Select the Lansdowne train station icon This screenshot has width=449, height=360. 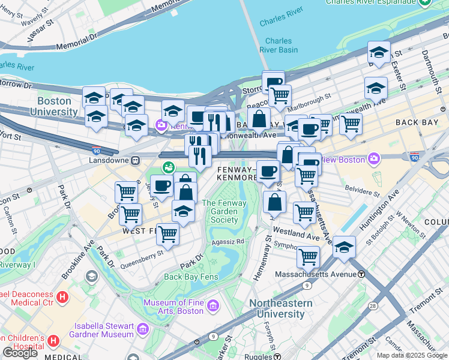pyautogui.click(x=136, y=160)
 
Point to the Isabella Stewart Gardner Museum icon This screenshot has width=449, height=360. pyautogui.click(x=143, y=329)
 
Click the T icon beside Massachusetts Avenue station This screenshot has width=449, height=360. pyautogui.click(x=361, y=274)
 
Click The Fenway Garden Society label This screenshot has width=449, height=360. pyautogui.click(x=220, y=211)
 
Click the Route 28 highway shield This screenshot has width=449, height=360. pyautogui.click(x=373, y=307)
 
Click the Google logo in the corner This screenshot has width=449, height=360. pyautogui.click(x=20, y=353)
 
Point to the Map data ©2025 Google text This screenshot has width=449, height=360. pyautogui.click(x=412, y=355)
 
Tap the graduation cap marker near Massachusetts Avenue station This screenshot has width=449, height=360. pyautogui.click(x=344, y=247)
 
